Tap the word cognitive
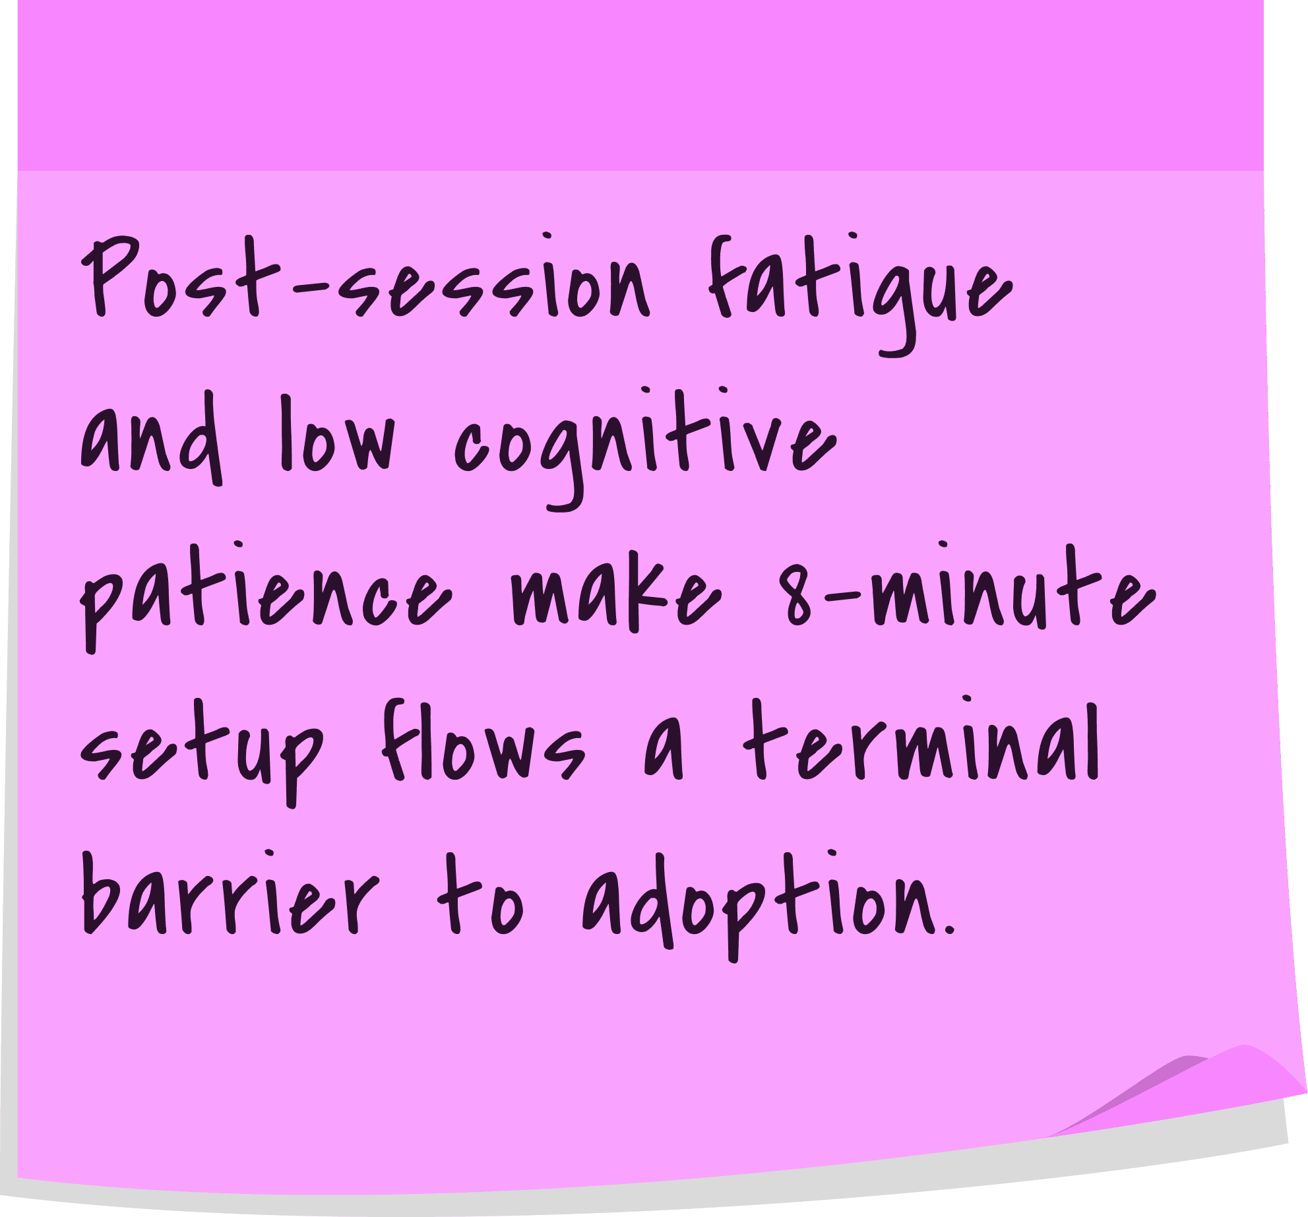coord(645,448)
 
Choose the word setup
coord(202,752)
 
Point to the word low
coord(338,433)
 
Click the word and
coord(151,438)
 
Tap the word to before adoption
coord(480,894)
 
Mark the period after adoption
coord(950,930)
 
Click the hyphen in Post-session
coord(310,288)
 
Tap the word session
coord(495,277)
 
